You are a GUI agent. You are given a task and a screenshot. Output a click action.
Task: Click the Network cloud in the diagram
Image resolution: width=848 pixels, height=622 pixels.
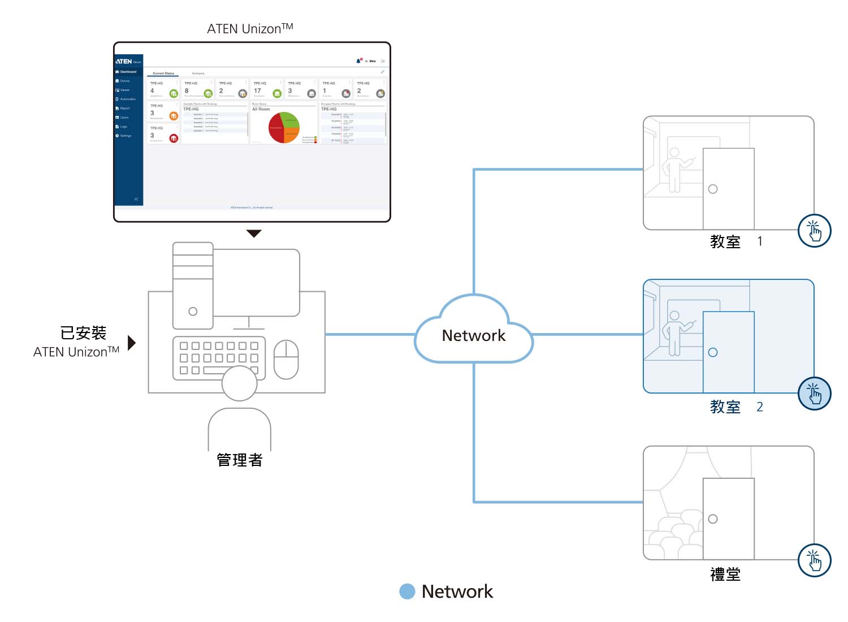(x=474, y=335)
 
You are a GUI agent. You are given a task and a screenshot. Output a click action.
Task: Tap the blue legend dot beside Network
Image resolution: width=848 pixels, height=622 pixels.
(x=407, y=591)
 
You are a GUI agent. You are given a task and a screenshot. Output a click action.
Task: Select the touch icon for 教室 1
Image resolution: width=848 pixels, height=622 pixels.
(x=814, y=231)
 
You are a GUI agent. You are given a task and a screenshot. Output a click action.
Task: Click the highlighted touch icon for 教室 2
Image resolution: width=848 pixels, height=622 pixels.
(x=814, y=394)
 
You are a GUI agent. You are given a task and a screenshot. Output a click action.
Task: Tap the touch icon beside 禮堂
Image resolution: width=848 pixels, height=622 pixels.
(x=814, y=560)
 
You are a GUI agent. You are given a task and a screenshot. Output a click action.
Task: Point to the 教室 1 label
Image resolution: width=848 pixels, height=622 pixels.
(x=735, y=242)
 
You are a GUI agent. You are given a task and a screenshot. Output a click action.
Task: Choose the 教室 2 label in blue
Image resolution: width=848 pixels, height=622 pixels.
(x=735, y=407)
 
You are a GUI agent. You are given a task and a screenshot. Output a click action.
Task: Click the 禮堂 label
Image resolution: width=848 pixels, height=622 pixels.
(x=725, y=575)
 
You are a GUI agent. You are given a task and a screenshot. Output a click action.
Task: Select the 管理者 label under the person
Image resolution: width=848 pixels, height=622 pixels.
(x=240, y=460)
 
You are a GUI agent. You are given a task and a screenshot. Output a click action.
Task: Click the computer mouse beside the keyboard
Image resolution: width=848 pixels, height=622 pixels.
(x=286, y=359)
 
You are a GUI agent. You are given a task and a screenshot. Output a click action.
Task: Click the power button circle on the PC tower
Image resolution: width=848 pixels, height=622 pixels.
(x=193, y=312)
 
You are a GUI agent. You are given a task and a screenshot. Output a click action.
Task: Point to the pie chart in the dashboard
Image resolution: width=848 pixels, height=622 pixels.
(x=284, y=127)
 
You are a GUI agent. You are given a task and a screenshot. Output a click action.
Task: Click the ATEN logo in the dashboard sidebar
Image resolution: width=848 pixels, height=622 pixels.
(x=124, y=61)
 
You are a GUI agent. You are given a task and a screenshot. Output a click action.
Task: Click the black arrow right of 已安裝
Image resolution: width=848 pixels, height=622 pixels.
(x=132, y=343)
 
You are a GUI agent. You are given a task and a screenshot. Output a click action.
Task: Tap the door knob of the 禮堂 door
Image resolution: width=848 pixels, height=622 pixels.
(x=713, y=519)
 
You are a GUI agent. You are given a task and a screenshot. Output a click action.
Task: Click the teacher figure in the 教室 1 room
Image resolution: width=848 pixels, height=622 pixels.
(x=674, y=169)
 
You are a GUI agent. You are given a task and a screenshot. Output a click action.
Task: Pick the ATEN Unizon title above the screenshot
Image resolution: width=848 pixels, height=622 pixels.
(x=250, y=29)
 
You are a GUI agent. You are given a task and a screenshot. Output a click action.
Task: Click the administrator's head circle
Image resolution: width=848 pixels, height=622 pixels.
(x=240, y=383)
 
